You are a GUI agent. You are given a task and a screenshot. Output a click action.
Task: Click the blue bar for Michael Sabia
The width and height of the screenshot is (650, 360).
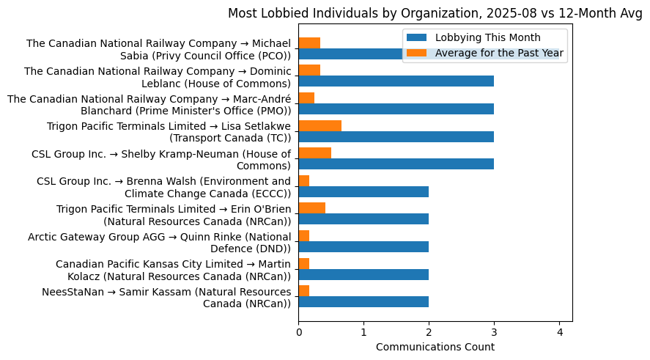point(352,54)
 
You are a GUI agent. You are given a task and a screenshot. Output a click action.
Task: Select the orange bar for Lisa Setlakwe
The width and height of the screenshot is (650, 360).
point(320,125)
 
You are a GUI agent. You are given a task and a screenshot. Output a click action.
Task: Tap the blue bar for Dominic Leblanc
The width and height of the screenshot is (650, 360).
point(396,81)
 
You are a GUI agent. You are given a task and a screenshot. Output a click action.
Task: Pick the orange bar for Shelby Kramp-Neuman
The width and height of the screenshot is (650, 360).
point(314,153)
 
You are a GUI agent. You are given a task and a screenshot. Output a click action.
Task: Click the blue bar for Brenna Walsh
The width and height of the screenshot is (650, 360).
point(363,191)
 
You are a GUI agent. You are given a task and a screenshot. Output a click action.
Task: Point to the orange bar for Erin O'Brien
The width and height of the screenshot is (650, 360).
point(311,208)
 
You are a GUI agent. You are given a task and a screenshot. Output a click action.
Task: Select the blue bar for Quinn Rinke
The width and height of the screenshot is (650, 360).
point(363,246)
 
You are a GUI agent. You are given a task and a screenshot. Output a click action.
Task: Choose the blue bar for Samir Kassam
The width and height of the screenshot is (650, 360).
point(363,301)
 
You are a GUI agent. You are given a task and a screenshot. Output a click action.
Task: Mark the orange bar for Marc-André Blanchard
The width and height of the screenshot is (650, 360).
point(306,98)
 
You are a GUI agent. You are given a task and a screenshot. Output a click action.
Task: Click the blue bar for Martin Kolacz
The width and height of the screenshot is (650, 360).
point(363,274)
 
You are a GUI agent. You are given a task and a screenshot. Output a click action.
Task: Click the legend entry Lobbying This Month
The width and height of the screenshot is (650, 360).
point(487,37)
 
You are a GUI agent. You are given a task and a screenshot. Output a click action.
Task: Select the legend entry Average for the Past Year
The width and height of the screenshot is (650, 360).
point(499,53)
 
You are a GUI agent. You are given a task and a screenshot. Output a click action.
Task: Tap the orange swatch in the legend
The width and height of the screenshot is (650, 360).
point(418,53)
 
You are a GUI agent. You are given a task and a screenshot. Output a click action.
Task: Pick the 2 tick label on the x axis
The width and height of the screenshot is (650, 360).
point(429,331)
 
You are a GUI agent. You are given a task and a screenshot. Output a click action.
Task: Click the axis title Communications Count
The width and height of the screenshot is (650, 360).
point(435,347)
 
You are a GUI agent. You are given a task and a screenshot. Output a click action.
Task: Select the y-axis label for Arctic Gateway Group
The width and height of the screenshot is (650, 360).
point(159,242)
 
